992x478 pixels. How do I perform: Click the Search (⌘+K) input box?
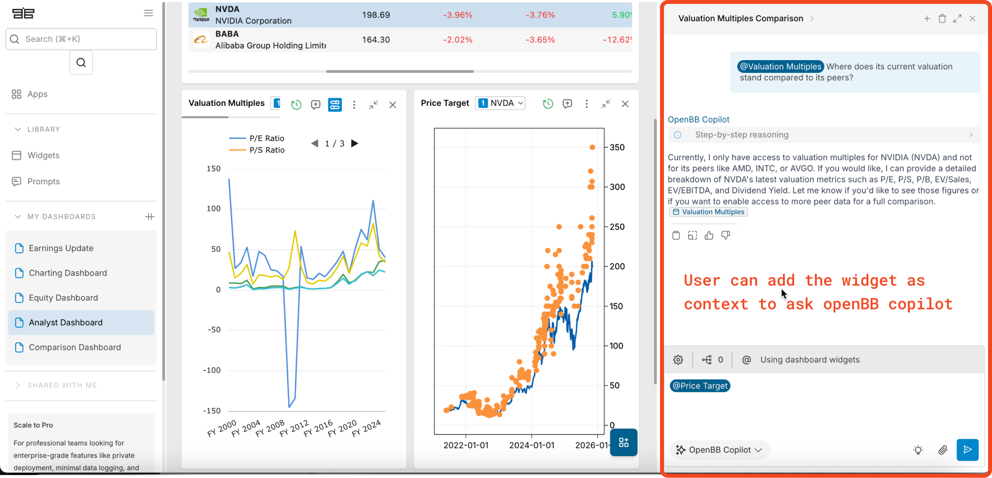point(81,39)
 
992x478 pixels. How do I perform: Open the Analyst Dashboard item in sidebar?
point(66,322)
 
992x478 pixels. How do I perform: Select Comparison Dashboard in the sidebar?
point(74,347)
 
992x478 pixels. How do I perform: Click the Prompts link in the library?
point(43,181)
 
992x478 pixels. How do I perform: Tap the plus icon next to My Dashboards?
point(150,216)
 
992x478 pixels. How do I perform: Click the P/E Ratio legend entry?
point(266,138)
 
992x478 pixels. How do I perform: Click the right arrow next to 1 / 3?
point(355,143)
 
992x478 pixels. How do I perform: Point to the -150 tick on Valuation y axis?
point(212,410)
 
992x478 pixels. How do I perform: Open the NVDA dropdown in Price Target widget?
point(500,103)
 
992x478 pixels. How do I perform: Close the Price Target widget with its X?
point(625,103)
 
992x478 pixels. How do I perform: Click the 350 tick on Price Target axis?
point(617,147)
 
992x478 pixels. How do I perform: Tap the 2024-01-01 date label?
point(531,445)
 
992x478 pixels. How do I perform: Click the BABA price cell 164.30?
point(376,39)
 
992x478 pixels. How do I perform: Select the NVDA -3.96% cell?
point(457,15)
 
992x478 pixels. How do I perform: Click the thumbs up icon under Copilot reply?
point(709,236)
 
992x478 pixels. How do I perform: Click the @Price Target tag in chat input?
point(700,386)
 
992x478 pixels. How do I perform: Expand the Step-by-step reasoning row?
point(824,135)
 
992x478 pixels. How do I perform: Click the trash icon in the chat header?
point(942,19)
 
